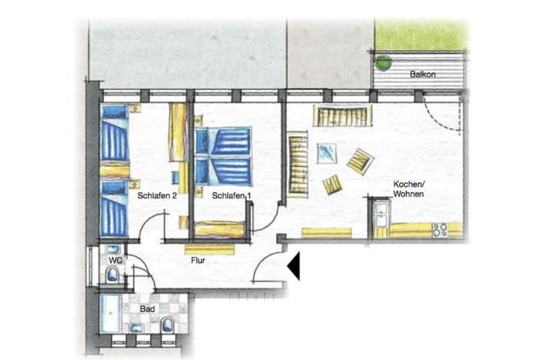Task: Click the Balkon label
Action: coord(423,74)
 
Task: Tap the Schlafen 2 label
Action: coord(157,196)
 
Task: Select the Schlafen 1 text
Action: coord(231,196)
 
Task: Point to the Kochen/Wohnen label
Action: coord(408,189)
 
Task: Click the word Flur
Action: coord(198,261)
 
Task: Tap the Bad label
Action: coord(147,309)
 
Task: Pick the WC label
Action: coord(115,260)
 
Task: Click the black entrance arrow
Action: coord(294,266)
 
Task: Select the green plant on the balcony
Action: coord(383,62)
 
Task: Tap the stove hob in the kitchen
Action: coord(440,230)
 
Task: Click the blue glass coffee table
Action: coord(327,153)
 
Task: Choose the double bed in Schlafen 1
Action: coord(223,157)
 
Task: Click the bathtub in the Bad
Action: coord(110,313)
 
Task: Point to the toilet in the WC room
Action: coord(112,275)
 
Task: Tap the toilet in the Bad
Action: coord(167,324)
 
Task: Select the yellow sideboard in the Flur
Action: coord(210,250)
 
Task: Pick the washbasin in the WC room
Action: coord(113,250)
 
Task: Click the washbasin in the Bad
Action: coord(136,328)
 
